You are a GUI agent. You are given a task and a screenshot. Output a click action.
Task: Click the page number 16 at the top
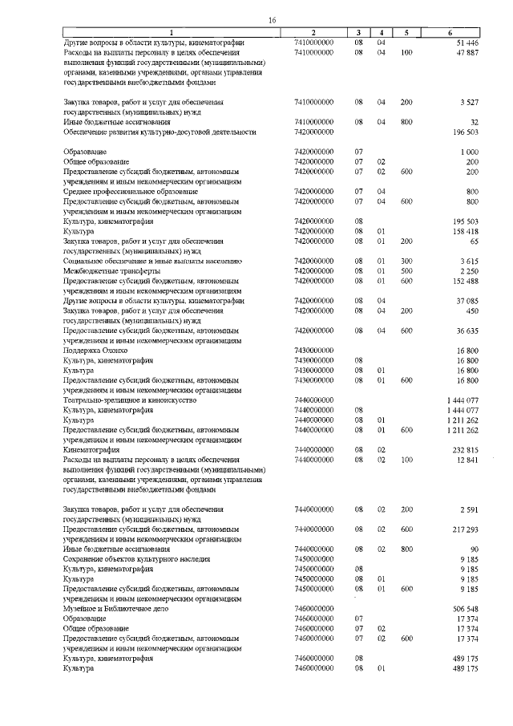[272, 19]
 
